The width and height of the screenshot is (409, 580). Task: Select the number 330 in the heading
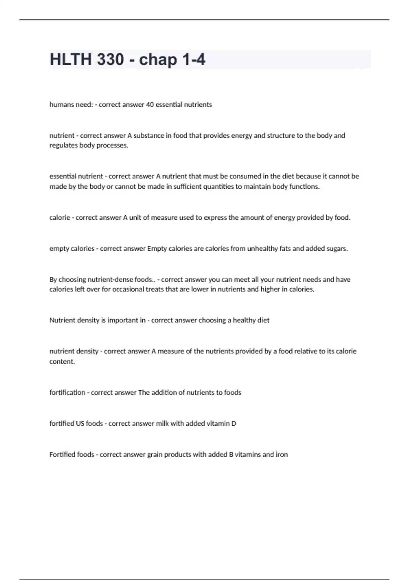pyautogui.click(x=110, y=59)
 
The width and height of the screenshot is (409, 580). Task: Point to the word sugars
pyautogui.click(x=337, y=249)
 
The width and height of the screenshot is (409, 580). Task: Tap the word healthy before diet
pyautogui.click(x=244, y=320)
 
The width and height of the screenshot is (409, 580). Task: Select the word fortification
pyautogui.click(x=67, y=393)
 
